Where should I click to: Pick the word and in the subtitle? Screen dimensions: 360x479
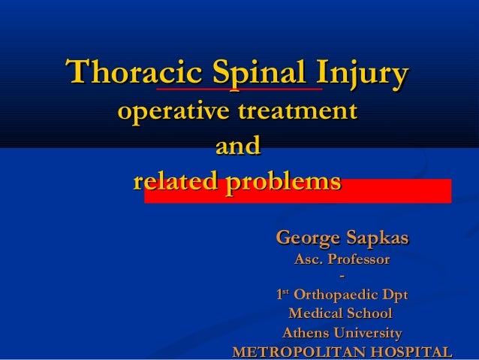[237, 145]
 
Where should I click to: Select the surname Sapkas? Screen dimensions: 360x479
[379, 238]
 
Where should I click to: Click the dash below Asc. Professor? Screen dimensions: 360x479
[342, 277]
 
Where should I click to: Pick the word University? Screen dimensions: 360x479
[368, 333]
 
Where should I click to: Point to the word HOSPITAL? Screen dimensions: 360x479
[413, 352]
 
